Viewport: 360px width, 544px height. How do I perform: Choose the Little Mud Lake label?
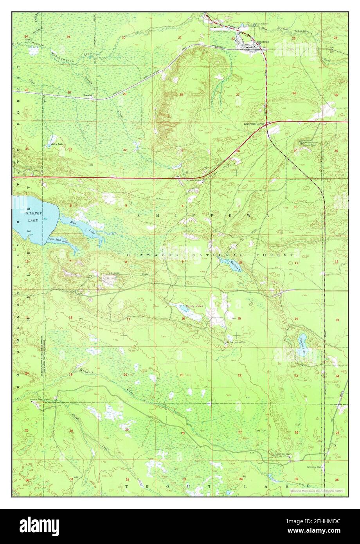tap(57, 240)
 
